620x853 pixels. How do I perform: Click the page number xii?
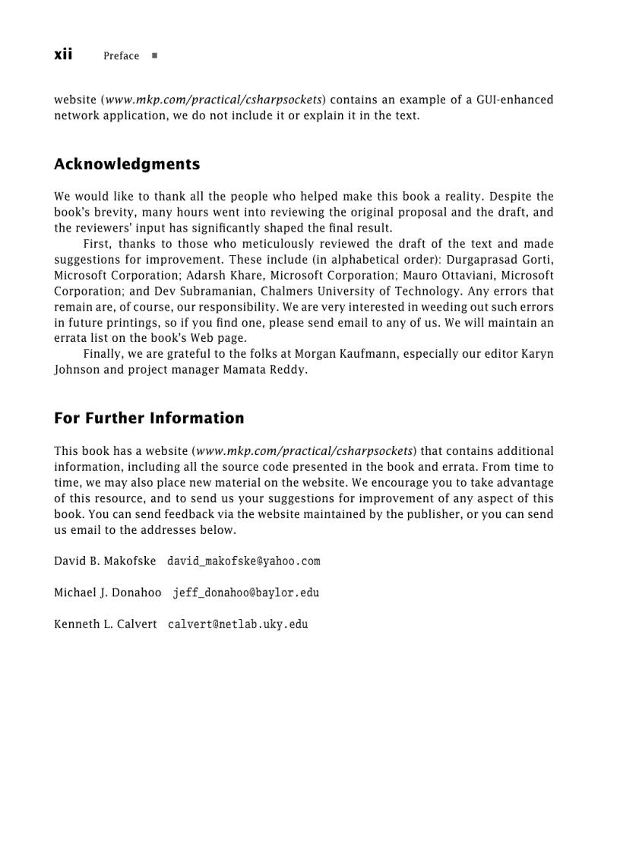pos(63,55)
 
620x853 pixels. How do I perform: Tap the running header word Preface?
pos(122,56)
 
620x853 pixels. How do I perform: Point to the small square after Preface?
pos(154,56)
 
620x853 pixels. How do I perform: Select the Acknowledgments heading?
pos(127,164)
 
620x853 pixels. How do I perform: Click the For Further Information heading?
pos(149,419)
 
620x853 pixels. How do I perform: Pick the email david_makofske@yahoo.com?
pos(243,561)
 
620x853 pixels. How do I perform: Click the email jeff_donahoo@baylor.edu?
pos(246,592)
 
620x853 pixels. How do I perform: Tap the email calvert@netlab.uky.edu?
pos(238,624)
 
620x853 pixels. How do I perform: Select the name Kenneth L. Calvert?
pos(106,624)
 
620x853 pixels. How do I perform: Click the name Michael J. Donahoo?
pos(108,592)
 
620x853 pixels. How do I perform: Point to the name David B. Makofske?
pos(105,561)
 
